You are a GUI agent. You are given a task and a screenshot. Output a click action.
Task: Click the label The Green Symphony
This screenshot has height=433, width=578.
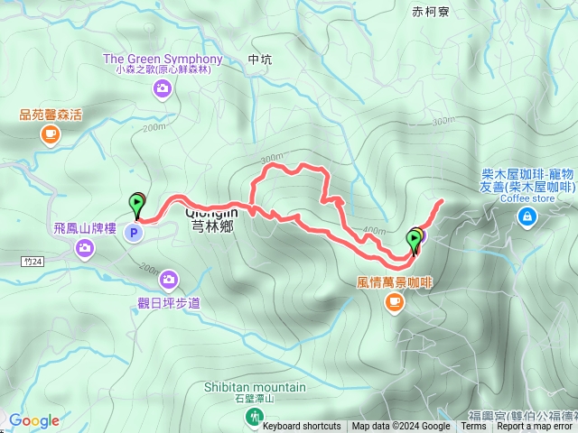pos(163,59)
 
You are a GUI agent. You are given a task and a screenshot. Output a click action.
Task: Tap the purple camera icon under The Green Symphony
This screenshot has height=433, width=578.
pos(163,88)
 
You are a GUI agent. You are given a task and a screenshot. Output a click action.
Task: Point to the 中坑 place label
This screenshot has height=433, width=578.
pos(259,60)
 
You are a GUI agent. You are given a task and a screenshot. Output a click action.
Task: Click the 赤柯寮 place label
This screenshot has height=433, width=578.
pos(430,12)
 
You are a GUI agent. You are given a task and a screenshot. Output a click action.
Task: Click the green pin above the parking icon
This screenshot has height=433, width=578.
pos(138,204)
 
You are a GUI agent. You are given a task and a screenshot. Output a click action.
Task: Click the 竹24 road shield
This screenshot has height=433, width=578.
pos(32,260)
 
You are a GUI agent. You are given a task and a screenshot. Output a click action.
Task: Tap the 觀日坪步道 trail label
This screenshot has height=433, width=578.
pos(169,302)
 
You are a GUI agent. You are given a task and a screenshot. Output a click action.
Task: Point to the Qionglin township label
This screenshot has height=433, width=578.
pos(213,219)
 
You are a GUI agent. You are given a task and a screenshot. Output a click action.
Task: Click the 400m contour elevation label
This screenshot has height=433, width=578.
pos(374,230)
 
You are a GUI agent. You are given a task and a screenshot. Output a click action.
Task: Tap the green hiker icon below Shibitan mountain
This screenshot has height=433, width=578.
pos(256,416)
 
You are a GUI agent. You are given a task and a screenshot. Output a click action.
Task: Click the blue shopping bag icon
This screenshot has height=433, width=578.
pos(527,216)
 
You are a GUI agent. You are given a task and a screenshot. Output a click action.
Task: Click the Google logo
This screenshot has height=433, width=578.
pos(33,420)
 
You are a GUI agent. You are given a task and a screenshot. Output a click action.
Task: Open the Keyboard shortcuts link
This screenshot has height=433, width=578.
pos(302,427)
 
